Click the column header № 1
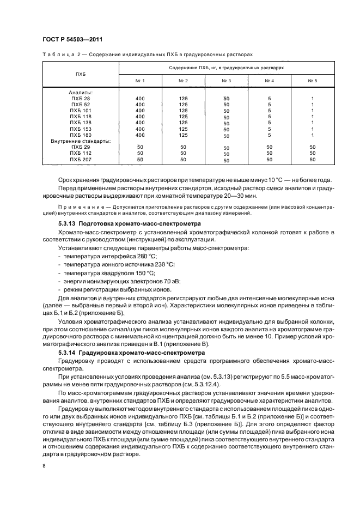(140, 81)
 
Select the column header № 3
(226, 81)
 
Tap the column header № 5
(313, 81)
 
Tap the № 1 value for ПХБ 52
(140, 104)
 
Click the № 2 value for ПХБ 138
(183, 123)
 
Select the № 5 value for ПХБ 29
(313, 147)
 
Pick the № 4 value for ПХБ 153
(269, 129)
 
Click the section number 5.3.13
(68, 224)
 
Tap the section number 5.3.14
(68, 353)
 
